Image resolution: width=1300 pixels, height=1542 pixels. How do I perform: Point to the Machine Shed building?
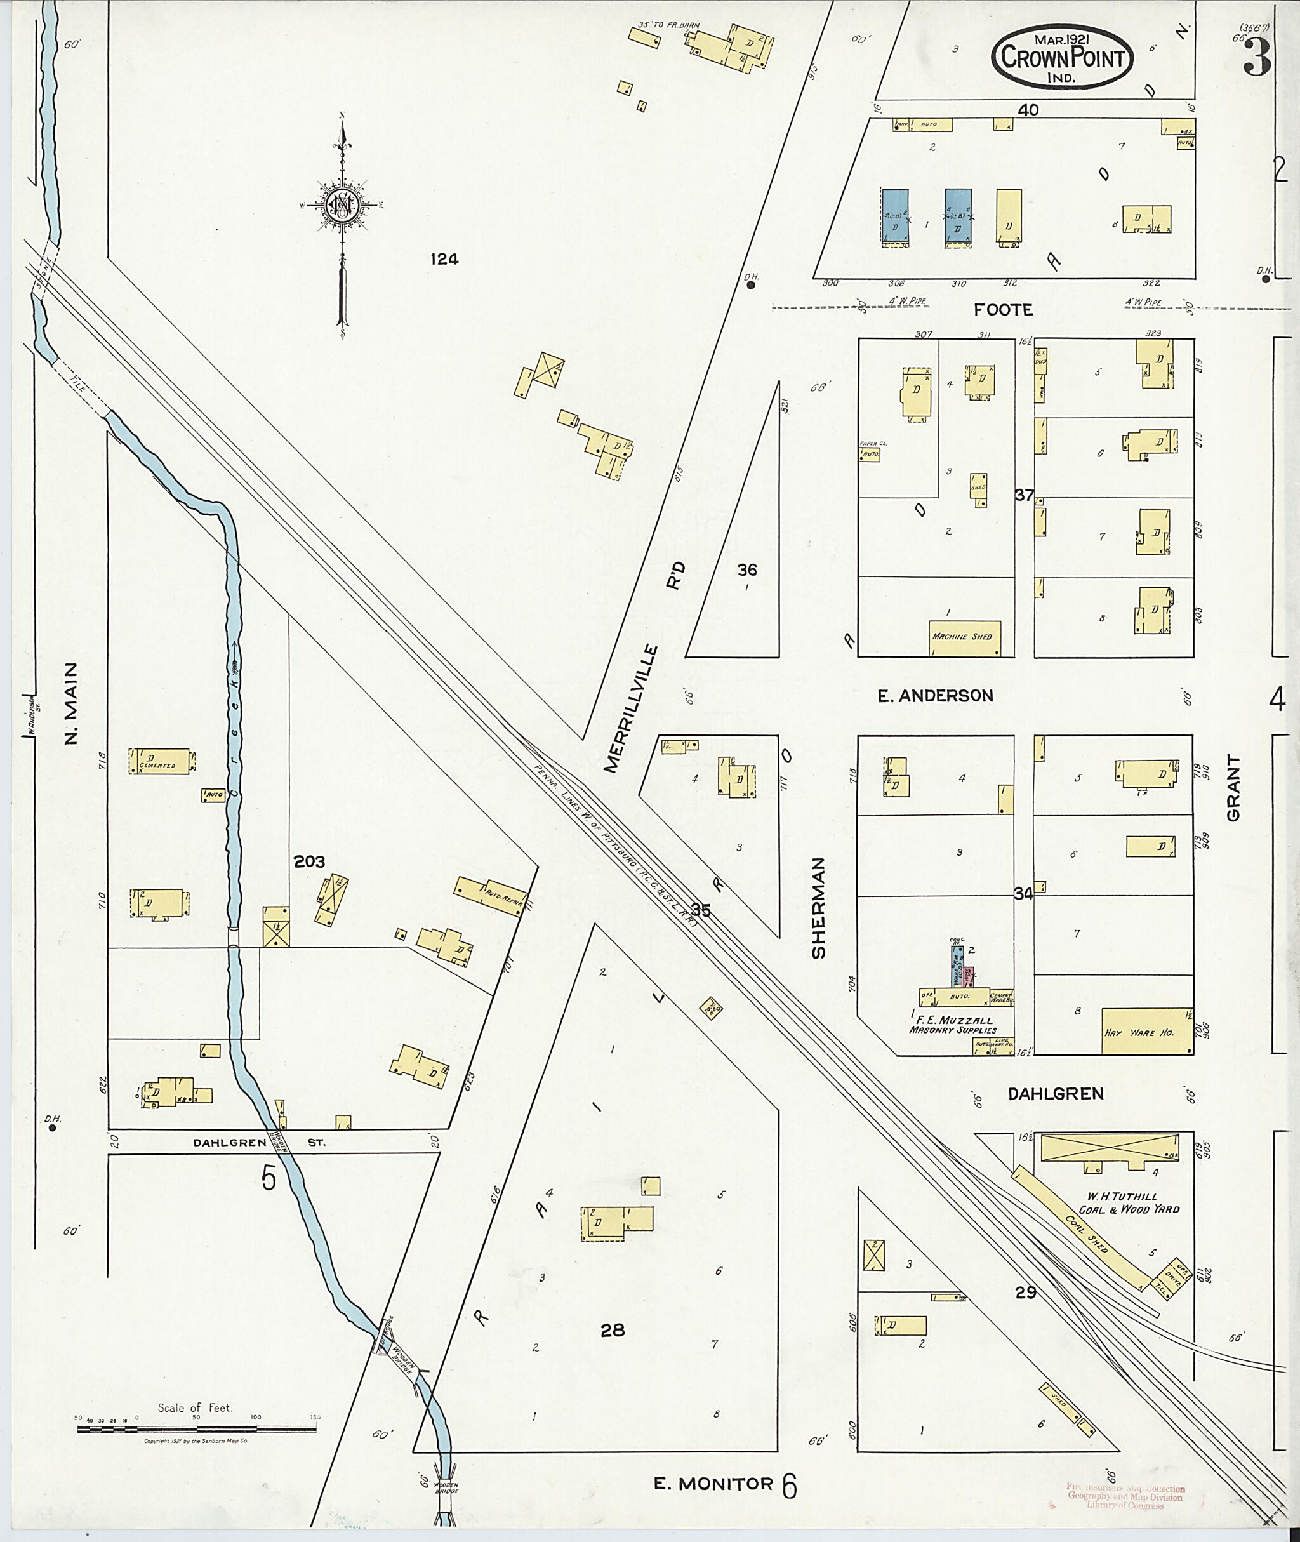click(x=964, y=637)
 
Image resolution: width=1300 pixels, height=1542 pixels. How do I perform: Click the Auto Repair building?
click(x=493, y=896)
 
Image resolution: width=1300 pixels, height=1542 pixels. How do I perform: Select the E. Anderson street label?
click(x=935, y=696)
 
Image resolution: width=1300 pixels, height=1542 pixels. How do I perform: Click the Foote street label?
click(x=1003, y=310)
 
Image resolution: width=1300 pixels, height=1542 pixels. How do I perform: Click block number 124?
click(x=444, y=259)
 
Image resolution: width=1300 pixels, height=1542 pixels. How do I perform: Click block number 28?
click(x=613, y=1330)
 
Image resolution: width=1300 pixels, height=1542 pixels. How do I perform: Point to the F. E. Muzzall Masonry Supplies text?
click(x=952, y=1025)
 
